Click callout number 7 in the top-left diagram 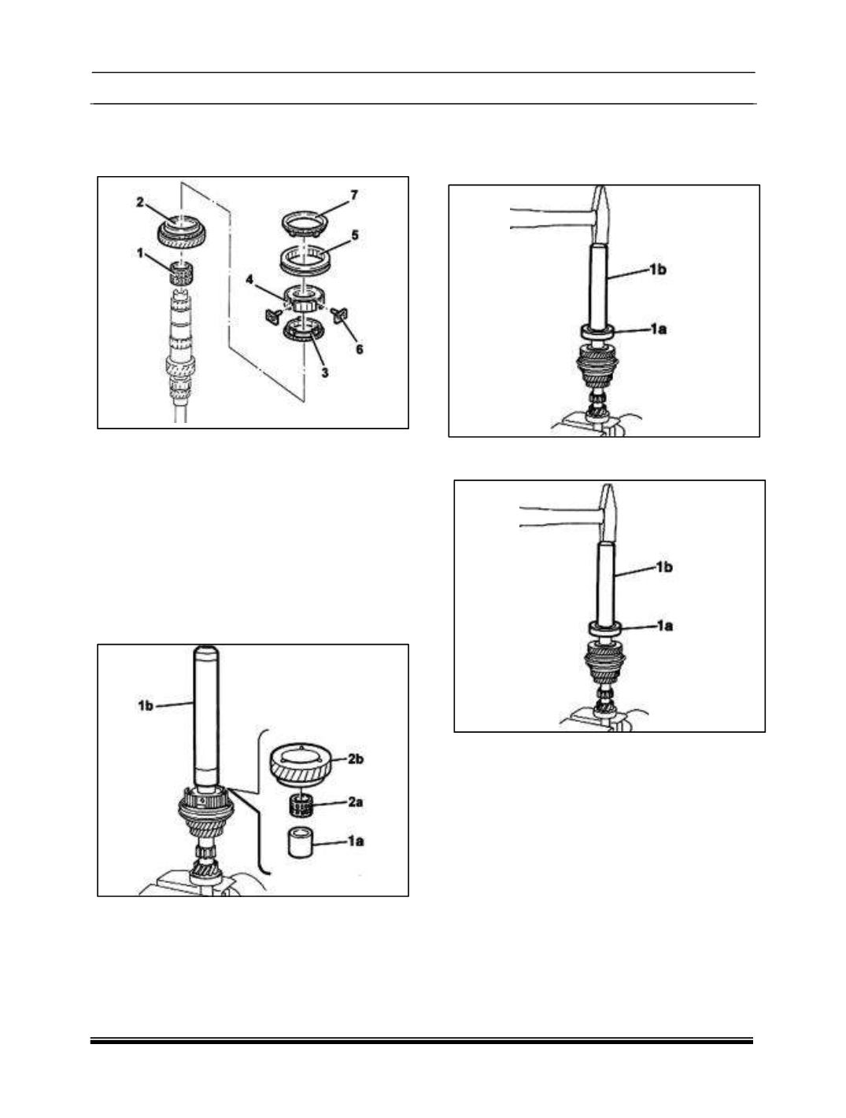click(353, 195)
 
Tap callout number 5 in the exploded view click(355, 235)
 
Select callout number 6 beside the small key click(360, 349)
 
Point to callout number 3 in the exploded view click(325, 373)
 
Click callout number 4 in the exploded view click(249, 280)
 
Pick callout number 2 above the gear click(139, 203)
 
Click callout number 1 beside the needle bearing click(140, 252)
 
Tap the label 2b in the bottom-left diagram click(356, 759)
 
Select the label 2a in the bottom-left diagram click(356, 802)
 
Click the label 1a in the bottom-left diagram click(356, 841)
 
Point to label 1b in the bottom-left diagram click(146, 705)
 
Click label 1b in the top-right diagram click(658, 270)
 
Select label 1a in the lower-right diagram click(664, 625)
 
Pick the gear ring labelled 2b click(301, 767)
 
